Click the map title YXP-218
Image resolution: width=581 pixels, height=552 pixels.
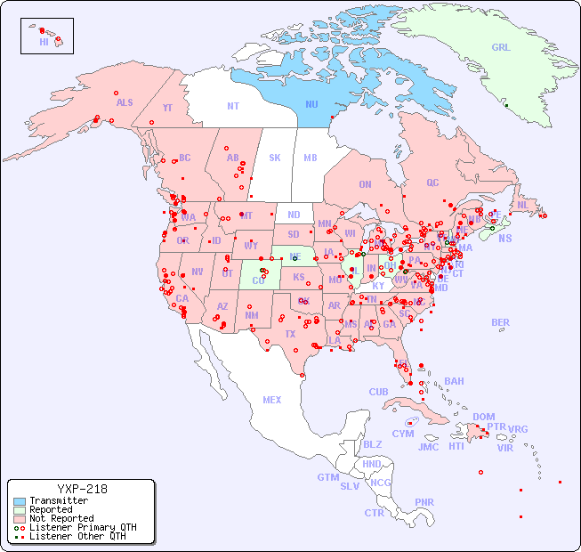(x=82, y=489)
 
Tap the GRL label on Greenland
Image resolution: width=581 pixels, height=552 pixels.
(x=501, y=48)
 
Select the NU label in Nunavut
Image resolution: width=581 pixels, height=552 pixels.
(x=311, y=104)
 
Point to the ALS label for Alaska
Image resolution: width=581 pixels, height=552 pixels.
(x=125, y=102)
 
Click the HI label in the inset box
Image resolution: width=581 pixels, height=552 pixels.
(x=44, y=42)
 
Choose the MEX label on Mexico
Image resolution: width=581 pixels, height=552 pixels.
(x=272, y=400)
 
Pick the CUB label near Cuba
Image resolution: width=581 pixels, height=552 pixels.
(x=379, y=392)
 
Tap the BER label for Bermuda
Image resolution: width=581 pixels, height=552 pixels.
(x=501, y=322)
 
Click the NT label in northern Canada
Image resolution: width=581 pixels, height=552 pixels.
(x=232, y=106)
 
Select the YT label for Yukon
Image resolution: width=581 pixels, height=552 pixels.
(x=167, y=108)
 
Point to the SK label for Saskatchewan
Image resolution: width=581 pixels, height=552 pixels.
(x=275, y=158)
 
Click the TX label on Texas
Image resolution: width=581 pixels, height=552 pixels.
(x=289, y=334)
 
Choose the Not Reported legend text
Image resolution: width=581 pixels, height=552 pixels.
(x=61, y=518)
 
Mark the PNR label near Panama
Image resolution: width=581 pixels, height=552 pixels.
(x=424, y=502)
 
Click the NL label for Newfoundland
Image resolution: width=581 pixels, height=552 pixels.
(x=522, y=205)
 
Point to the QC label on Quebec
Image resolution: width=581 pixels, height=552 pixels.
(x=432, y=183)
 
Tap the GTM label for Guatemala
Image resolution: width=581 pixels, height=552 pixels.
(x=327, y=477)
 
